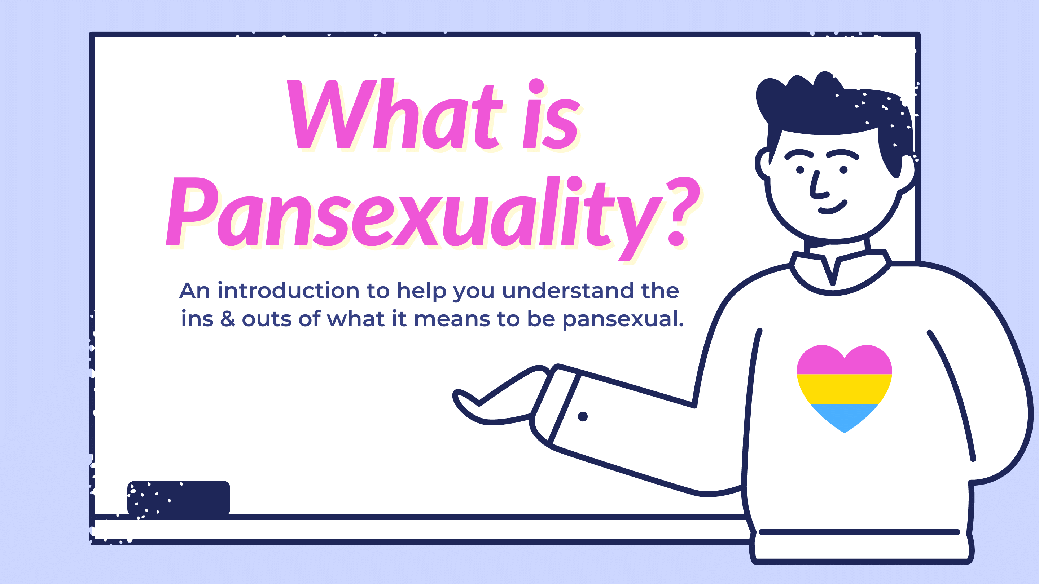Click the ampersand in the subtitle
(228, 319)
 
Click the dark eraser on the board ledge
(179, 498)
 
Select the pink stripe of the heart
(844, 363)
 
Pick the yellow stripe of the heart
(844, 389)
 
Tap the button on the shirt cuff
(582, 416)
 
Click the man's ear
(763, 163)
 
